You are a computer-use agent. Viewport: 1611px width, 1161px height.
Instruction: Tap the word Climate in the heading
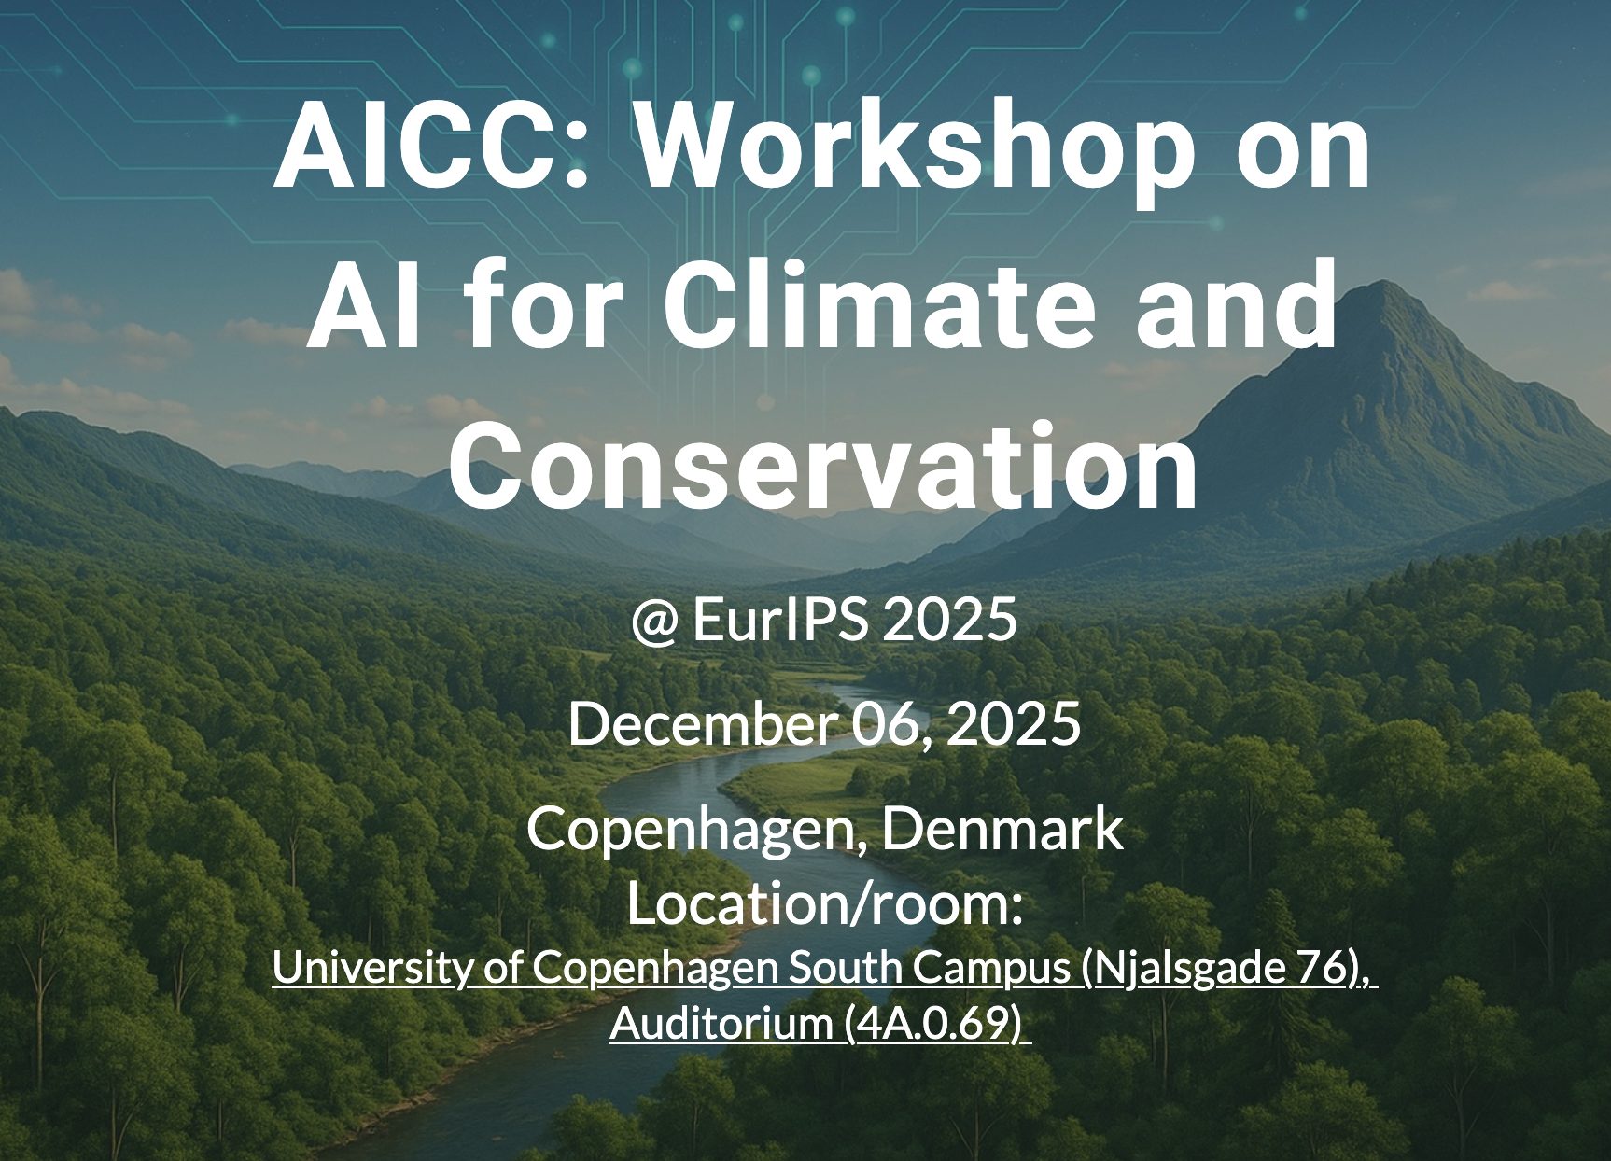pyautogui.click(x=883, y=305)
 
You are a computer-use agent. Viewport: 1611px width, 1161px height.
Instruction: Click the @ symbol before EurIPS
pyautogui.click(x=654, y=621)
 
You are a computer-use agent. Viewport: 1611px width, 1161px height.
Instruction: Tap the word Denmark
pyautogui.click(x=1003, y=829)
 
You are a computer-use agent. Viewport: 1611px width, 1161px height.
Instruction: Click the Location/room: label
pyautogui.click(x=824, y=904)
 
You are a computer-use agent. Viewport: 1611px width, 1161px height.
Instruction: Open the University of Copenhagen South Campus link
pyautogui.click(x=673, y=968)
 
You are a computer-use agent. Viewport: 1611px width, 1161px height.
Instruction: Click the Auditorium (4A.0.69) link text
pyautogui.click(x=819, y=1024)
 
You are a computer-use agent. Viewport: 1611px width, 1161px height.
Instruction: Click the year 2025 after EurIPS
pyautogui.click(x=949, y=620)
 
